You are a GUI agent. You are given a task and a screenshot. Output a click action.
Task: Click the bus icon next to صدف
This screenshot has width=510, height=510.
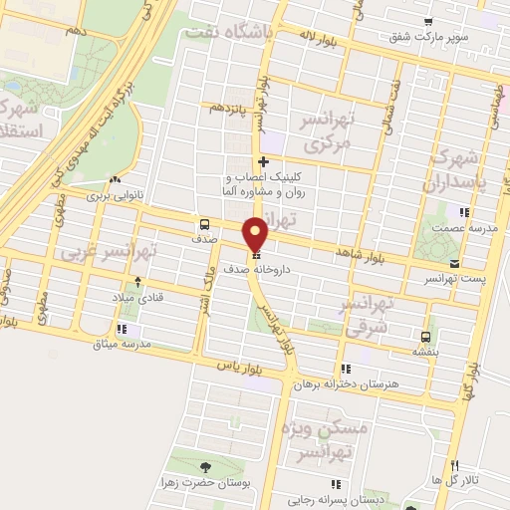coord(204,224)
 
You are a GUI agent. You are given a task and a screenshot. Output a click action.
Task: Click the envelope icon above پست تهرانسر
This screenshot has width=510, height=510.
coord(455,264)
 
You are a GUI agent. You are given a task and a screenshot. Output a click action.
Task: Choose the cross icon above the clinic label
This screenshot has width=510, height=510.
coord(263,161)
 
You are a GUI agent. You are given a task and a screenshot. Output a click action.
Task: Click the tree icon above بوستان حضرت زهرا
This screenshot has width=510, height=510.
coord(206,467)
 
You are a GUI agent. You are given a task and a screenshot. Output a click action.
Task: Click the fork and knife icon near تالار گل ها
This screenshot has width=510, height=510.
coord(455,465)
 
